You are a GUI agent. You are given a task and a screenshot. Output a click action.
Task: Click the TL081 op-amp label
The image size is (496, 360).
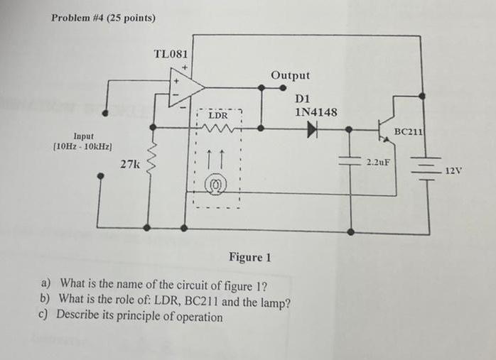click(171, 54)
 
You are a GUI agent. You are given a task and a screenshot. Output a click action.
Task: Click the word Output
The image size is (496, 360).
click(290, 75)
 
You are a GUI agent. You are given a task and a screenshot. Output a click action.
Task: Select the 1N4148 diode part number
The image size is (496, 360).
click(316, 111)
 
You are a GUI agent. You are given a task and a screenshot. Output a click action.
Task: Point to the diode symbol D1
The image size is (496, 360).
click(312, 129)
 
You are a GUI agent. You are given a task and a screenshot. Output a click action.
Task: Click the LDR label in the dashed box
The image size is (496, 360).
click(219, 115)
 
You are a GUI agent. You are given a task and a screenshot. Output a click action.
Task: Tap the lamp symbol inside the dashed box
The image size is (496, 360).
click(213, 187)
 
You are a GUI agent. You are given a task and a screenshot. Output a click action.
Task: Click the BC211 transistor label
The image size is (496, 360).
click(410, 131)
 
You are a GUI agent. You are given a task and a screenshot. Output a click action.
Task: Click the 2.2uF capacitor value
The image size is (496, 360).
click(378, 163)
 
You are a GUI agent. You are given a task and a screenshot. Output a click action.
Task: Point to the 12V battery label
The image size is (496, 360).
click(453, 170)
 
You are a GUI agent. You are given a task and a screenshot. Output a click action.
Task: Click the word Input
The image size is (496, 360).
click(82, 136)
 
